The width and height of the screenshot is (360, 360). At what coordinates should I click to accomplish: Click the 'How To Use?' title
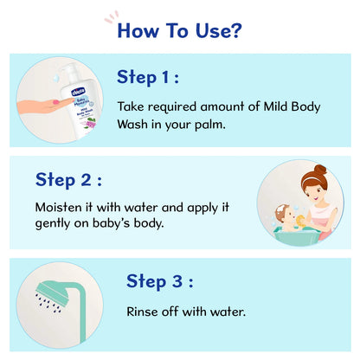tap(179, 31)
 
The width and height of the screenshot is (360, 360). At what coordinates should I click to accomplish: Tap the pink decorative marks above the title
tap(112, 16)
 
